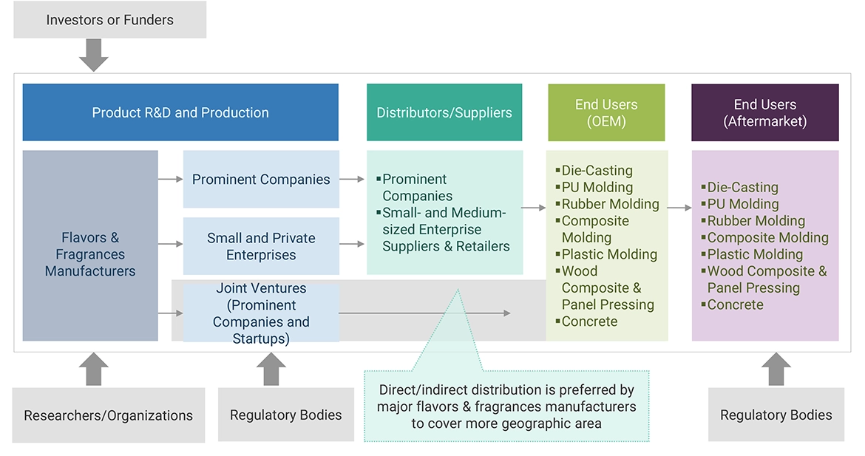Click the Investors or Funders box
click(109, 20)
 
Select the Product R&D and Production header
click(180, 112)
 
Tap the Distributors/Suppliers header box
click(444, 112)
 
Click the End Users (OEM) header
click(606, 112)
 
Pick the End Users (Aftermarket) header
click(764, 112)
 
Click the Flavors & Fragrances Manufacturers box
click(90, 254)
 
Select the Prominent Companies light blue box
click(261, 179)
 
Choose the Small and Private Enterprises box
click(261, 246)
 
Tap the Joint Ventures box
click(261, 313)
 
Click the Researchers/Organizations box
click(108, 415)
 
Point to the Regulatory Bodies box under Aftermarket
click(776, 415)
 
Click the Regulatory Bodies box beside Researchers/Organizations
click(285, 415)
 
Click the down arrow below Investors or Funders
click(94, 55)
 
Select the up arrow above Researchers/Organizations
click(94, 369)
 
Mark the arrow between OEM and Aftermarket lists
click(679, 208)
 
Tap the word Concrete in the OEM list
click(589, 321)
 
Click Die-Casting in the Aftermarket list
click(742, 187)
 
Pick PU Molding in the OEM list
click(597, 187)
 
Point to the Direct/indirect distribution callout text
click(506, 406)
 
